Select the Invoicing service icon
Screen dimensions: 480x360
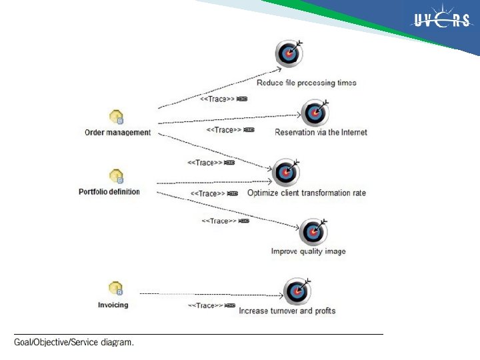(x=116, y=289)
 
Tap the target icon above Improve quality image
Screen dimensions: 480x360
(x=313, y=231)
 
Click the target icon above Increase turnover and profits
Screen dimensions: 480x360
(x=296, y=291)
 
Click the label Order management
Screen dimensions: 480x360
(x=117, y=132)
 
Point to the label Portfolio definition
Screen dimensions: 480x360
(x=109, y=192)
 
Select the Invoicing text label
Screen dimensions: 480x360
(x=113, y=305)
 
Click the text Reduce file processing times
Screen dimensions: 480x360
(x=307, y=83)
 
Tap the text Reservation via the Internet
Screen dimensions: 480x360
(x=321, y=132)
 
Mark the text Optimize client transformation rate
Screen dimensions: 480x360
(x=306, y=193)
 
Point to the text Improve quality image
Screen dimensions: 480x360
(x=308, y=251)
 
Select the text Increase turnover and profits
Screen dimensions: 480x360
(x=287, y=311)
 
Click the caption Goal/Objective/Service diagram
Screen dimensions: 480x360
(x=74, y=343)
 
